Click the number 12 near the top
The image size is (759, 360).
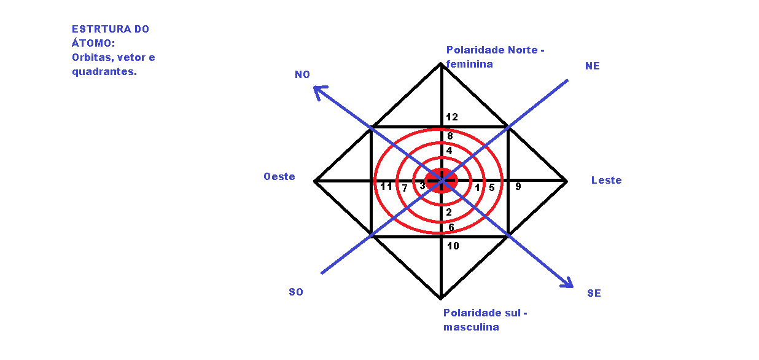point(452,117)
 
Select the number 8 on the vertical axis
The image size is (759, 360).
point(450,136)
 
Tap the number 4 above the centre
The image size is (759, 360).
point(449,151)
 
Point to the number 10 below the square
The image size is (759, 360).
point(453,246)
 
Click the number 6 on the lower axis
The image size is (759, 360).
point(451,227)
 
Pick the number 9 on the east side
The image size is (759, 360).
point(518,186)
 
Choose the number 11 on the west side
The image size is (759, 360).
point(386,186)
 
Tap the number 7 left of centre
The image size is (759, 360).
point(405,188)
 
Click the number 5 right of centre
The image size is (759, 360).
point(492,187)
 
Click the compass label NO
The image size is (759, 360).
point(302,75)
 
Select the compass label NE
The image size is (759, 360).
point(592,66)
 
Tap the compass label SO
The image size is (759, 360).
point(296,292)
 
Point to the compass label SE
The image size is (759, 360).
point(594,294)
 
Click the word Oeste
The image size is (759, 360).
point(279,177)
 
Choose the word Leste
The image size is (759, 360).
point(606,181)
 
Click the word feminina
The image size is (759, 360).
point(469,64)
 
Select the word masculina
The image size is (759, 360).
point(471,327)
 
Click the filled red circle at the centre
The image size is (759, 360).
point(442,179)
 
